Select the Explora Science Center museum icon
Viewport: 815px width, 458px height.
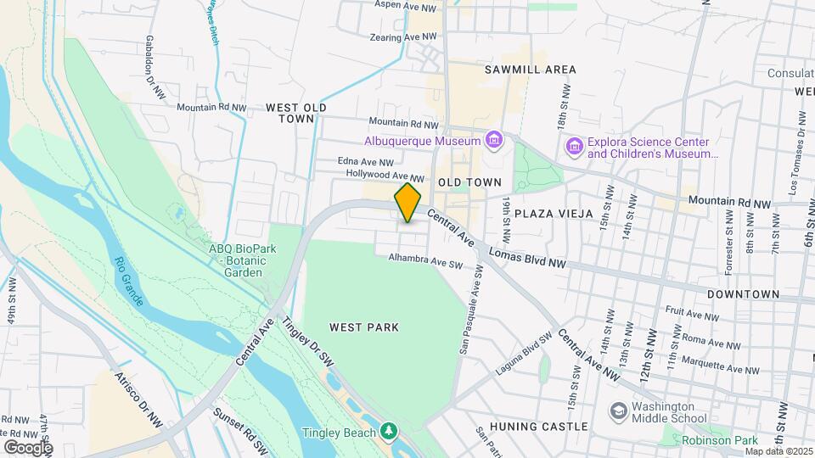pos(575,148)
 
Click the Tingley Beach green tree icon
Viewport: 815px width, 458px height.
pos(389,432)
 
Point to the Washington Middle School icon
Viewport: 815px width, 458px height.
pos(619,411)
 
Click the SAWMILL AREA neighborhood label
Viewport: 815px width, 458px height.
pos(531,70)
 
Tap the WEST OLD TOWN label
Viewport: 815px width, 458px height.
pos(296,113)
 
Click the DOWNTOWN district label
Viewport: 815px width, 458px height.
pos(744,293)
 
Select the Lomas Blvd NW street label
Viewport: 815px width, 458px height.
pos(528,259)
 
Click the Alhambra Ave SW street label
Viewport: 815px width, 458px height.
pos(425,260)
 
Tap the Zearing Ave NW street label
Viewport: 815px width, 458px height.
pos(403,37)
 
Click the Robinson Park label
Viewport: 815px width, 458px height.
pos(719,440)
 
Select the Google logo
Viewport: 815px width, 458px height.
pos(28,447)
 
